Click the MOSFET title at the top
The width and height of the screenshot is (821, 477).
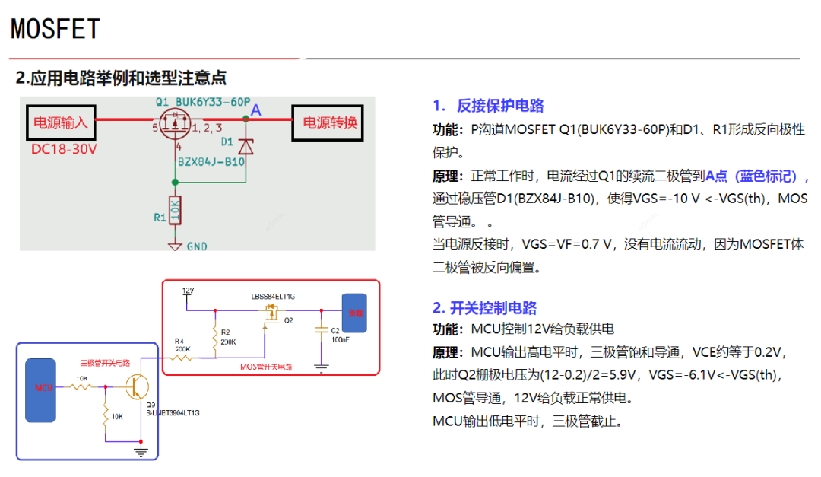pyautogui.click(x=55, y=29)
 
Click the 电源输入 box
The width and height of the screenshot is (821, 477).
pyautogui.click(x=61, y=122)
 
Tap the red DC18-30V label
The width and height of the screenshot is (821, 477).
pyautogui.click(x=64, y=149)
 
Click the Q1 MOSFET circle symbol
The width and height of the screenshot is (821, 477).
pyautogui.click(x=174, y=124)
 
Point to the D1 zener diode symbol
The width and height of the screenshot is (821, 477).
pyautogui.click(x=246, y=145)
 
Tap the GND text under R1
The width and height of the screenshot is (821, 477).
pyautogui.click(x=197, y=246)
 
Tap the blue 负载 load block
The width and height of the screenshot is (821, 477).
pyautogui.click(x=353, y=312)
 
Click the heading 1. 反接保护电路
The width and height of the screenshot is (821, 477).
pyautogui.click(x=488, y=106)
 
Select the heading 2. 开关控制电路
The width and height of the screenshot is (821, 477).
pyautogui.click(x=484, y=307)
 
